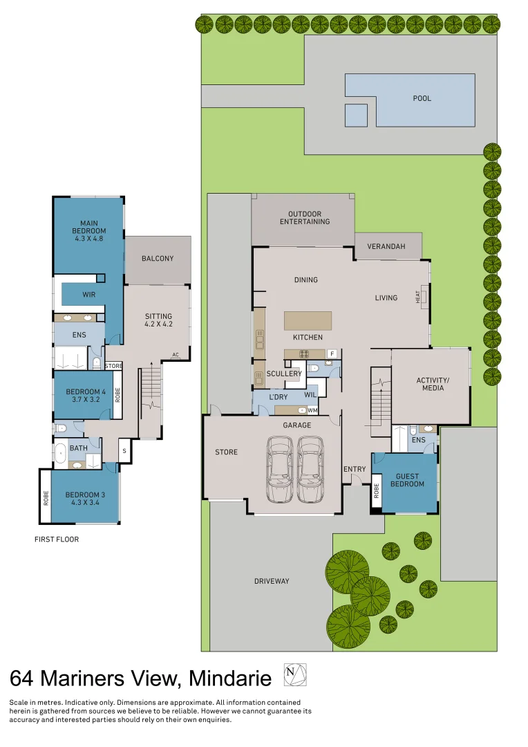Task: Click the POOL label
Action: point(422,98)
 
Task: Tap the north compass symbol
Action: point(295,674)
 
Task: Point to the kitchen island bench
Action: point(308,321)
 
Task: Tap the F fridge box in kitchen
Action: point(332,354)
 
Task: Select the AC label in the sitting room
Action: point(176,355)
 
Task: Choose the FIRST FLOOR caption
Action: point(57,539)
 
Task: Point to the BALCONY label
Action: point(158,259)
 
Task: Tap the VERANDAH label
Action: point(386,246)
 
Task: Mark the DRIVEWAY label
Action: point(272,581)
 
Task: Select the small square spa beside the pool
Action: point(356,115)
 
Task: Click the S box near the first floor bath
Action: point(124,451)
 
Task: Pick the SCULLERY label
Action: point(284,373)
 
